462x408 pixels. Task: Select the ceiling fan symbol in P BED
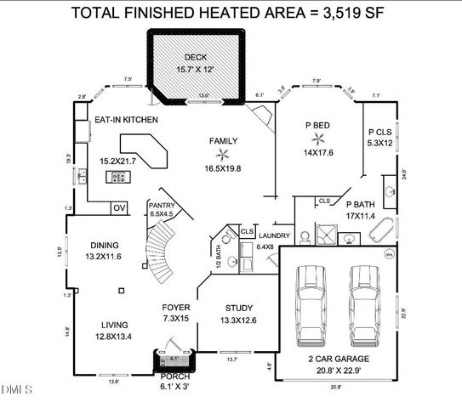319,138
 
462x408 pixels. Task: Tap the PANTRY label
161,205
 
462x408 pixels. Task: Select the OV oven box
119,207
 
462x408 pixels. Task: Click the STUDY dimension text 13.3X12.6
237,320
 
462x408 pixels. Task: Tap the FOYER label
176,307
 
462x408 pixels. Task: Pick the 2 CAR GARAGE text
337,359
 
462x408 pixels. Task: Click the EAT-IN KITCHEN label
125,121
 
